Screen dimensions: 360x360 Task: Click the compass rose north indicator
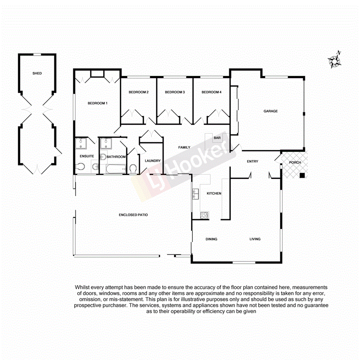tap(333, 60)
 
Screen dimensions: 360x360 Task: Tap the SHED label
tap(37, 73)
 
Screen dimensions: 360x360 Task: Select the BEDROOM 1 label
tap(97, 103)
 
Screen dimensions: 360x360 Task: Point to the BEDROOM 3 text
tap(175, 92)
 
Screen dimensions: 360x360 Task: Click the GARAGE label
tap(270, 111)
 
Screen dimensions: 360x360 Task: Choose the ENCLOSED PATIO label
tap(133, 215)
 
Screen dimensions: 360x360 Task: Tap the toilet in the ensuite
tap(80, 167)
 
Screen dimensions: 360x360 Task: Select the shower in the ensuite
tap(81, 144)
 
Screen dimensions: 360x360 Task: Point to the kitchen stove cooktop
tap(204, 215)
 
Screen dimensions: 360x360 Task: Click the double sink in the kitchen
tap(195, 194)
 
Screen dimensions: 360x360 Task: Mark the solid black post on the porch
tap(302, 176)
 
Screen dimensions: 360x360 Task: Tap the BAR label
tap(217, 138)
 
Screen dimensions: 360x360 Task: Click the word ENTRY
tap(252, 161)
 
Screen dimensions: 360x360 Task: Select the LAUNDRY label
tap(153, 161)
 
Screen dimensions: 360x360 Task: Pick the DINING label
tap(211, 239)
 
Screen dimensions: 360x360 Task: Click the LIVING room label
tap(255, 239)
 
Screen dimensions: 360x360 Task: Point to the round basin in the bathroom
tap(103, 157)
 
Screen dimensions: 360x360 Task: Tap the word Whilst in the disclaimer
tap(83, 287)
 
